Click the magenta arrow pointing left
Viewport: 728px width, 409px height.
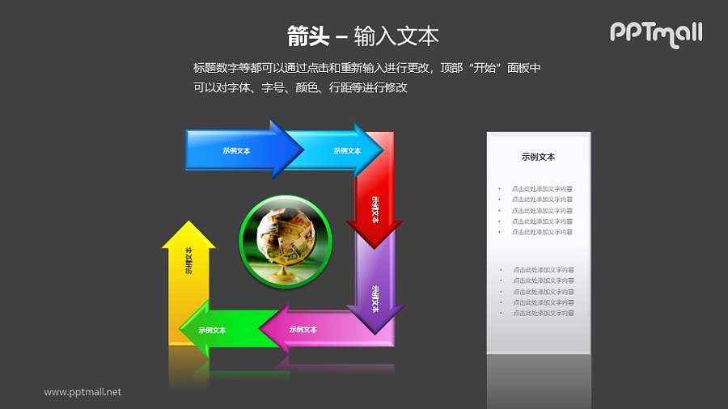click(x=324, y=330)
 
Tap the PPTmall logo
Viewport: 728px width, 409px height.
click(x=655, y=33)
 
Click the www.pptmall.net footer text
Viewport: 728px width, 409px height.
click(x=83, y=392)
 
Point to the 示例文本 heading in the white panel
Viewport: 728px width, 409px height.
click(x=538, y=157)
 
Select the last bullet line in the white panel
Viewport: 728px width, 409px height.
click(x=542, y=312)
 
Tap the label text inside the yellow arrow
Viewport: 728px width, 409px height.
click(x=188, y=260)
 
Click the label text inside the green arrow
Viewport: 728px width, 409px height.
click(x=212, y=330)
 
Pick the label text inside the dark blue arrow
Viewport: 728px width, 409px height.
click(x=236, y=150)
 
